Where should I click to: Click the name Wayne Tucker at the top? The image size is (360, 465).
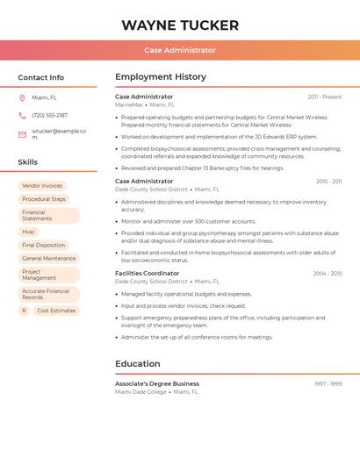[x=179, y=25]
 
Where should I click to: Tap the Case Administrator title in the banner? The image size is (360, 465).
[x=180, y=50]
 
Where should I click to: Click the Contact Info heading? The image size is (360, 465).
[x=41, y=77]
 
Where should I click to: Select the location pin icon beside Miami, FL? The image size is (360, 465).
[x=22, y=98]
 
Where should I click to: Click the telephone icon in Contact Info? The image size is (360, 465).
[x=22, y=116]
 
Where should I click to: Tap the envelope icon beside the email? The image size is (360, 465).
[x=22, y=134]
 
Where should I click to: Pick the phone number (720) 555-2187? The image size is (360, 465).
[x=50, y=116]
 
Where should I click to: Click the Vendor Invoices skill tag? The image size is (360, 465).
[x=42, y=186]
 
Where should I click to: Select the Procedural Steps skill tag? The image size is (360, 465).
[x=44, y=199]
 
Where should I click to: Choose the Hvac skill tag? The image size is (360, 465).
[x=29, y=232]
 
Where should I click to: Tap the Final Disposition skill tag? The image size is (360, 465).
[x=44, y=246]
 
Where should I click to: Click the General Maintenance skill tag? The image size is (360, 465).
[x=49, y=259]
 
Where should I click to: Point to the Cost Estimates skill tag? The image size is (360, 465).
[x=56, y=311]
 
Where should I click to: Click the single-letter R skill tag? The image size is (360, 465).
[x=25, y=311]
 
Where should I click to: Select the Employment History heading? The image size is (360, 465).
[x=161, y=77]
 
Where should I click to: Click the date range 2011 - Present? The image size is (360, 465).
[x=325, y=97]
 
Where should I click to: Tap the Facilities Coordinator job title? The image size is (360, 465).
[x=147, y=273]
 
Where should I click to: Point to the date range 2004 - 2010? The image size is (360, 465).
[x=327, y=274]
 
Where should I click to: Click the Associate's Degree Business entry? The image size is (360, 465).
[x=157, y=383]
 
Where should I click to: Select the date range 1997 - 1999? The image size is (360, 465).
[x=328, y=384]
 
